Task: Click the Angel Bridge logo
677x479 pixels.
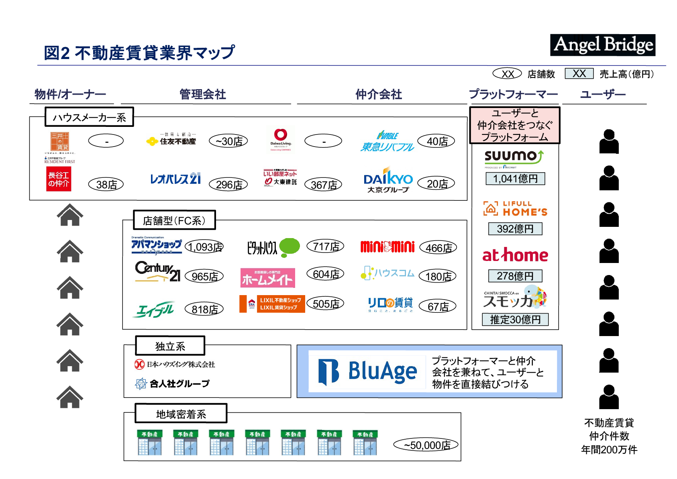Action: point(602,45)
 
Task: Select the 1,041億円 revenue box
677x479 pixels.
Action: point(515,179)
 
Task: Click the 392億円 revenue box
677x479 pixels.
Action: point(515,229)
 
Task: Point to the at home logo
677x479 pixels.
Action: point(515,255)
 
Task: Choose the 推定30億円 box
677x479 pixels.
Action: point(515,320)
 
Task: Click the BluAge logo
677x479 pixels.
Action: point(367,371)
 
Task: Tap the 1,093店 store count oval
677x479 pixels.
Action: point(205,247)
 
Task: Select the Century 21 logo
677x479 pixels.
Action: point(158,272)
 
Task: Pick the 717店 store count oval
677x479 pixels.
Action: point(326,247)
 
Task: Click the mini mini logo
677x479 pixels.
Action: point(387,247)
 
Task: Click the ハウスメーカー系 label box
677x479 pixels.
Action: point(89,117)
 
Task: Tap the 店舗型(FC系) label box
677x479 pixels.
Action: point(174,220)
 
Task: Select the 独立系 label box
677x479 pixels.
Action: point(170,346)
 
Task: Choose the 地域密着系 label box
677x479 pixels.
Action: point(181,414)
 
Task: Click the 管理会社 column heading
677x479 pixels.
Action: point(203,94)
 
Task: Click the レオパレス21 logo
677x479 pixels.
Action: point(175,179)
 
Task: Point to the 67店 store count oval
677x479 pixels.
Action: point(438,307)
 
